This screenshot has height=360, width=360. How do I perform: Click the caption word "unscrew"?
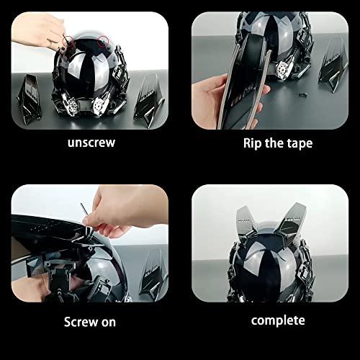coord(91,143)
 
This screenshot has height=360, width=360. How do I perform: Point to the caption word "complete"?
coord(278,321)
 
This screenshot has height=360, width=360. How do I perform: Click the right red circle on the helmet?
coord(104,41)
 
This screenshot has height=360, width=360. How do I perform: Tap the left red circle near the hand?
coord(68,40)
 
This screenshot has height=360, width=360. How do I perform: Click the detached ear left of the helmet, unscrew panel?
coord(30,99)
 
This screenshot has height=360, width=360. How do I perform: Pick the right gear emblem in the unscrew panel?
coord(99,105)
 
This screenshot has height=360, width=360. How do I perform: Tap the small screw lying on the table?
coord(303,94)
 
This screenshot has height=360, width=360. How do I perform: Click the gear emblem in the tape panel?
coord(284,70)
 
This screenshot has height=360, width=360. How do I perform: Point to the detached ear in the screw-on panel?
coord(153,276)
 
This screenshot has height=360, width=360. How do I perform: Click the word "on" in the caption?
coord(109,323)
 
